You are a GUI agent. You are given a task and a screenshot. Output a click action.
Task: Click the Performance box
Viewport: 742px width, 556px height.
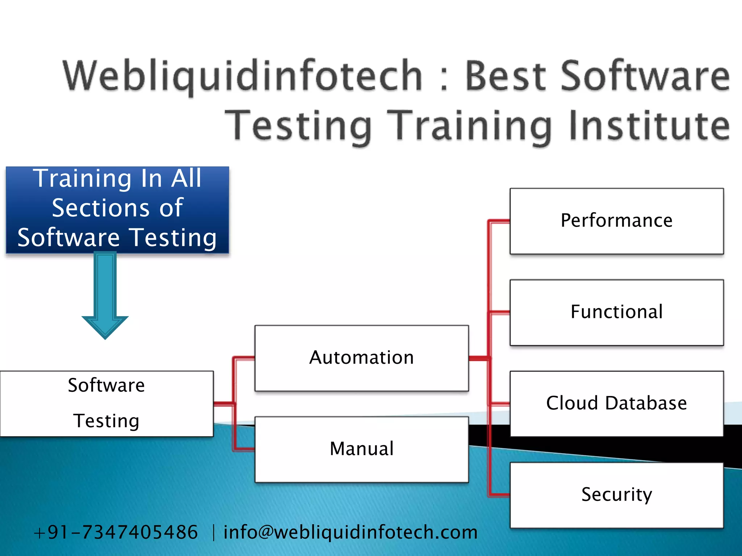(616, 221)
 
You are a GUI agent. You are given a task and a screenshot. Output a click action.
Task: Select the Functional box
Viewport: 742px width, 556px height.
(616, 312)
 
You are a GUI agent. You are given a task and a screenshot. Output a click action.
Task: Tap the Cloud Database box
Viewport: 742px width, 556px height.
(616, 403)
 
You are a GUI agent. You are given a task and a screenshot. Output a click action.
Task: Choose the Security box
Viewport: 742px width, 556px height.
(616, 495)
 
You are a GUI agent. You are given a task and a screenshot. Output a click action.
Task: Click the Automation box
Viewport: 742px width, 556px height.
(362, 358)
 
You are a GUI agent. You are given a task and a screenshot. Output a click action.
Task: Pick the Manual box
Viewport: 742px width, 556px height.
(362, 449)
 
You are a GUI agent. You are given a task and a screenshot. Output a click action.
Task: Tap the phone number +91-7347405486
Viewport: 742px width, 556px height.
(116, 532)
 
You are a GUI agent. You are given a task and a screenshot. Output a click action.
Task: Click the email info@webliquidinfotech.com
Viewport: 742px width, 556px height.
(350, 532)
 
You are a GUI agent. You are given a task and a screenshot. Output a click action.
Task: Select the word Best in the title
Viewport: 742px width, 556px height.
(505, 76)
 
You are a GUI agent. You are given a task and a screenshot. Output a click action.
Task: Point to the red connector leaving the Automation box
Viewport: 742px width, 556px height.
(479, 358)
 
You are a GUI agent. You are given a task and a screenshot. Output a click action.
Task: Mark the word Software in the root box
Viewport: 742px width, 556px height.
(107, 385)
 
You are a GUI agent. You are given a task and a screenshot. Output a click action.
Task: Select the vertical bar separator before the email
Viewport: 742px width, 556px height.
(213, 533)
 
